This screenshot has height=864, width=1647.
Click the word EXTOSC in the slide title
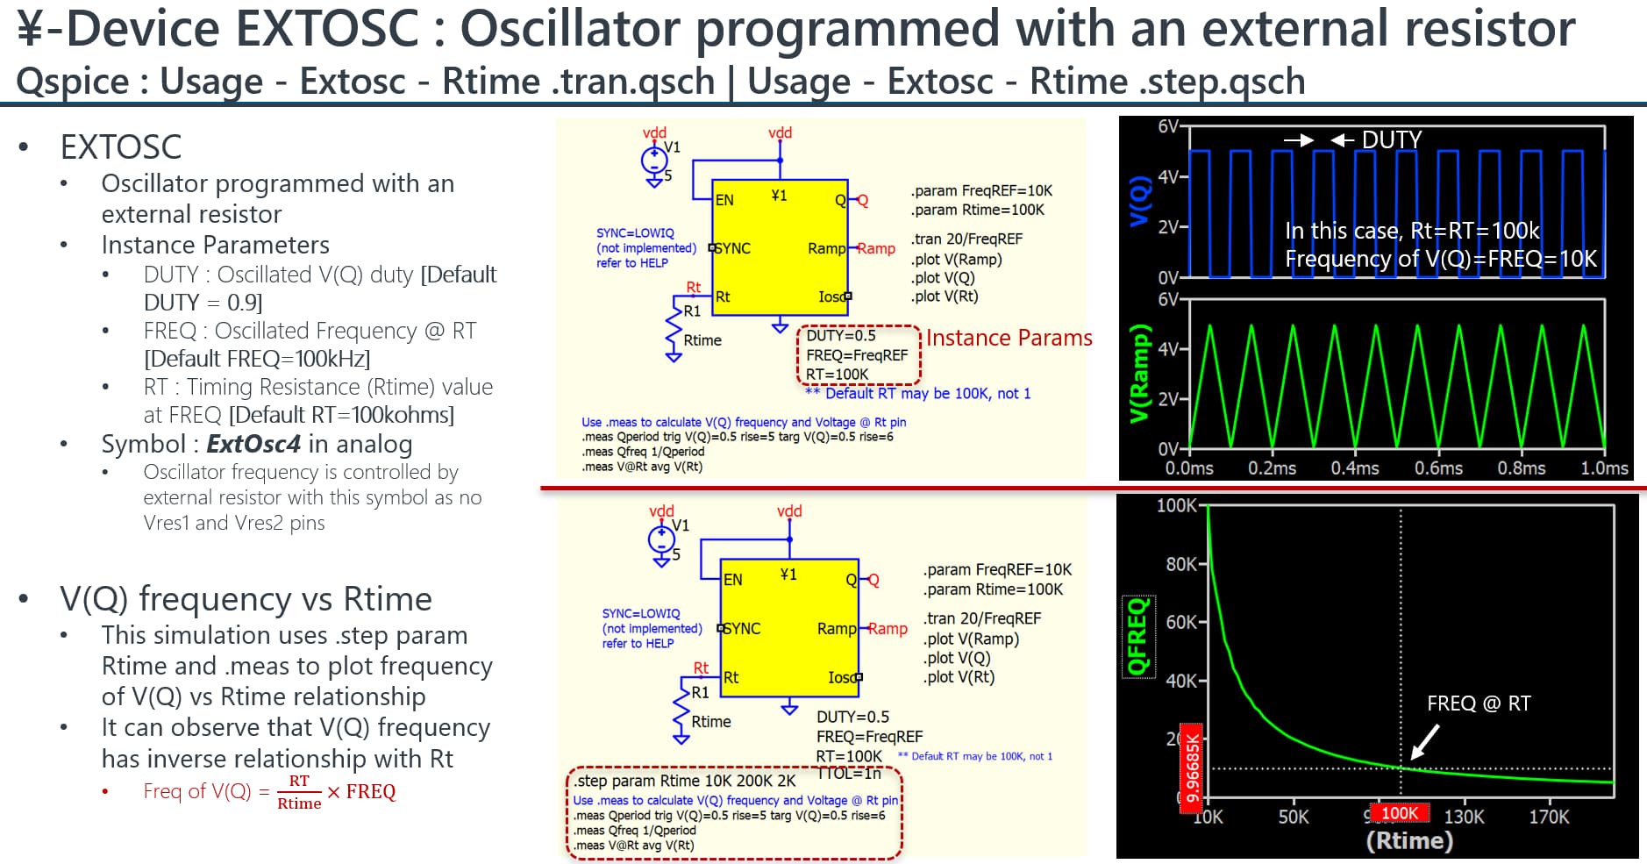[328, 28]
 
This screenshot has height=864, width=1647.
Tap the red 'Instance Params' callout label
[1009, 338]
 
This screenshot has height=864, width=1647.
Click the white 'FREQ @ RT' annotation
[1479, 703]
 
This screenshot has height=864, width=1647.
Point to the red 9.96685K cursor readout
[1192, 768]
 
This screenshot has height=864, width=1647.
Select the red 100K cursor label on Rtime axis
[1400, 813]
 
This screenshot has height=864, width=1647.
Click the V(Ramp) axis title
[1138, 373]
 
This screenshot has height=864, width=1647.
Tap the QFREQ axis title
[1137, 637]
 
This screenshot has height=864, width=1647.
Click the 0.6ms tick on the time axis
[1438, 468]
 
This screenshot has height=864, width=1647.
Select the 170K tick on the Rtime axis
[1549, 817]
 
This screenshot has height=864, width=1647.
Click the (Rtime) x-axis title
[1409, 840]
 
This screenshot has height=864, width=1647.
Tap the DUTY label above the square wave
[1392, 140]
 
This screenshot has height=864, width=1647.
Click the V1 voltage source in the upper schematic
[654, 161]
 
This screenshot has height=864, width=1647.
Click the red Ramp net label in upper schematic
[876, 248]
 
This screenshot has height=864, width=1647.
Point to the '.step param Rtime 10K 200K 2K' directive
[685, 781]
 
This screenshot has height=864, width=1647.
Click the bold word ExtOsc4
[253, 444]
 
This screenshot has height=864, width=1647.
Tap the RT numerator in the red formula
[299, 781]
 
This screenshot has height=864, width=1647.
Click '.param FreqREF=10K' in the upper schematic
[981, 191]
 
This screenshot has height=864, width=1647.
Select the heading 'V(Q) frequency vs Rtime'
[246, 599]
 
